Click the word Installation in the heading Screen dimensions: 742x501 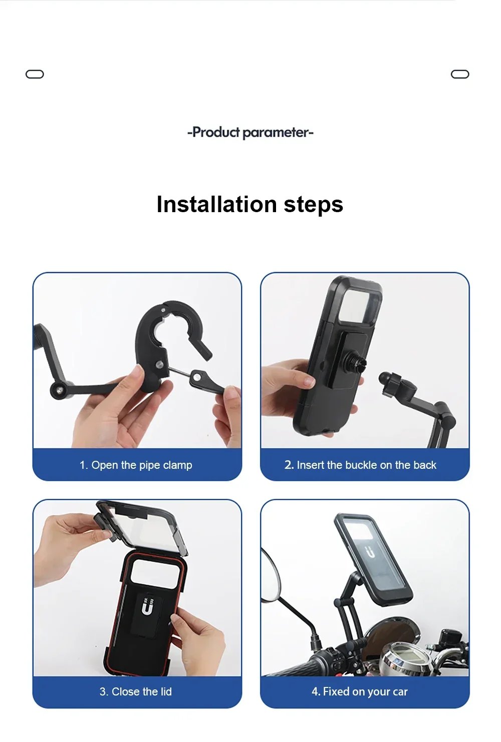[x=216, y=204]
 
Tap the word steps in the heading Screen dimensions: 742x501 [x=313, y=204]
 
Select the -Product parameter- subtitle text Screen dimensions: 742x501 [x=250, y=133]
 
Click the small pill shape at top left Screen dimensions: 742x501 [x=35, y=74]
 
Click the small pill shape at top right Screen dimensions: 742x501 [x=460, y=74]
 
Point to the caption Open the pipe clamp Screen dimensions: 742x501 [x=136, y=465]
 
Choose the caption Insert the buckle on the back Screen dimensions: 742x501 [x=360, y=465]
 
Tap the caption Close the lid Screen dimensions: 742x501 [x=136, y=692]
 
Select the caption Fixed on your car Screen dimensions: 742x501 [x=359, y=692]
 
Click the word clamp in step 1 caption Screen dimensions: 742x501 [x=177, y=465]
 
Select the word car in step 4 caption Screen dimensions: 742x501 [x=400, y=692]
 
